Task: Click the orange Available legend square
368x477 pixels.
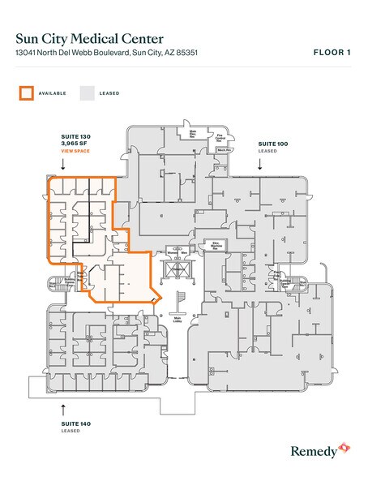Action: click(26, 92)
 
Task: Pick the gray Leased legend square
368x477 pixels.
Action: click(86, 92)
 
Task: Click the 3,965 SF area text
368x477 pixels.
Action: click(74, 144)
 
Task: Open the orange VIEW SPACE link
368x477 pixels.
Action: click(76, 152)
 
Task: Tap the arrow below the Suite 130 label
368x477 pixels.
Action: click(63, 164)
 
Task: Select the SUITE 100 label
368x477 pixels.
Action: click(272, 143)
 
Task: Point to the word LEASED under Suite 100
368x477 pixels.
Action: click(267, 150)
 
